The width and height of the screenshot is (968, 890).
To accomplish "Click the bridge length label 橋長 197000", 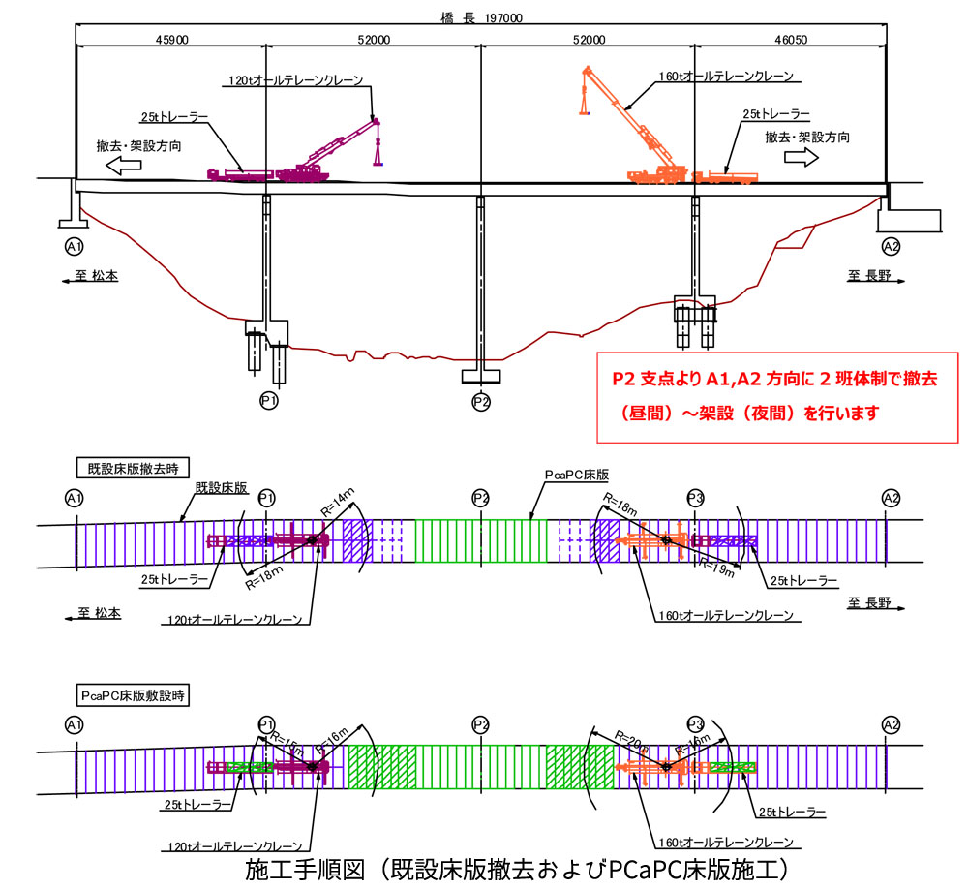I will pyautogui.click(x=481, y=17).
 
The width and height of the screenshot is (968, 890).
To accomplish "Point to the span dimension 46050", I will pyautogui.click(x=791, y=40).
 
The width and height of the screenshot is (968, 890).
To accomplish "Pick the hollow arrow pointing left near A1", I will pyautogui.click(x=123, y=166).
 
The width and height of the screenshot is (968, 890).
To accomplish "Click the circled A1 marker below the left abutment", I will pyautogui.click(x=73, y=245).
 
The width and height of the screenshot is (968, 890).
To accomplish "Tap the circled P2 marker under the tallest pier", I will pyautogui.click(x=481, y=400).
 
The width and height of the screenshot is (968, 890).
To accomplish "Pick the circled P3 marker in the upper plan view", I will pyautogui.click(x=695, y=498).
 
